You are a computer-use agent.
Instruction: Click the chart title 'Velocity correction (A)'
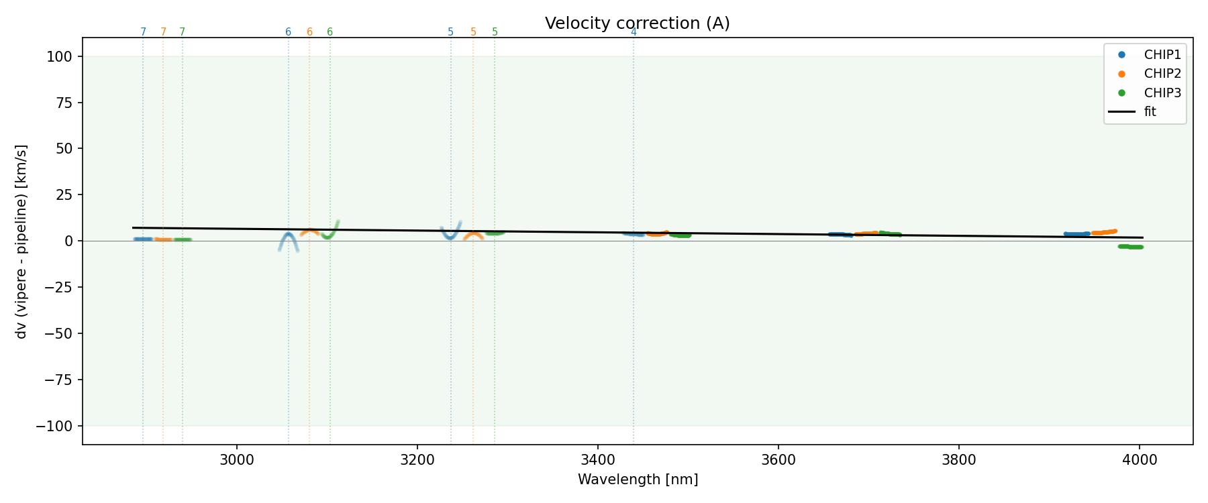[637, 23]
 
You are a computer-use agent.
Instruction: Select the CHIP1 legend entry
[1162, 55]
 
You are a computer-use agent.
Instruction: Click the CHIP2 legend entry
[1162, 74]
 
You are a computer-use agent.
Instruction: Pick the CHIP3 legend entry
[1162, 93]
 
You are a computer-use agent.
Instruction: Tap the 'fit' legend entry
[1150, 112]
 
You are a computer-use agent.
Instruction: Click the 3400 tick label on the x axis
[598, 459]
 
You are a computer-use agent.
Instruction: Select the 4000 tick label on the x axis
[1140, 459]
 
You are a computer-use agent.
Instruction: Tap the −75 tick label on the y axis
[58, 380]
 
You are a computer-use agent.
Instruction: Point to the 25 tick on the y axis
[65, 195]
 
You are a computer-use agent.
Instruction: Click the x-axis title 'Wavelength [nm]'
[638, 480]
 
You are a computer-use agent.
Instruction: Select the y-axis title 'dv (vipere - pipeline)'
[21, 241]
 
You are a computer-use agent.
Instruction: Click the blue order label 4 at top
[634, 32]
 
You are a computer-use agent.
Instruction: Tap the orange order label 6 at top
[309, 32]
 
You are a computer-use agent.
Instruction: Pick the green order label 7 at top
[183, 32]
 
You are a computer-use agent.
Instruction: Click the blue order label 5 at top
[450, 32]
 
